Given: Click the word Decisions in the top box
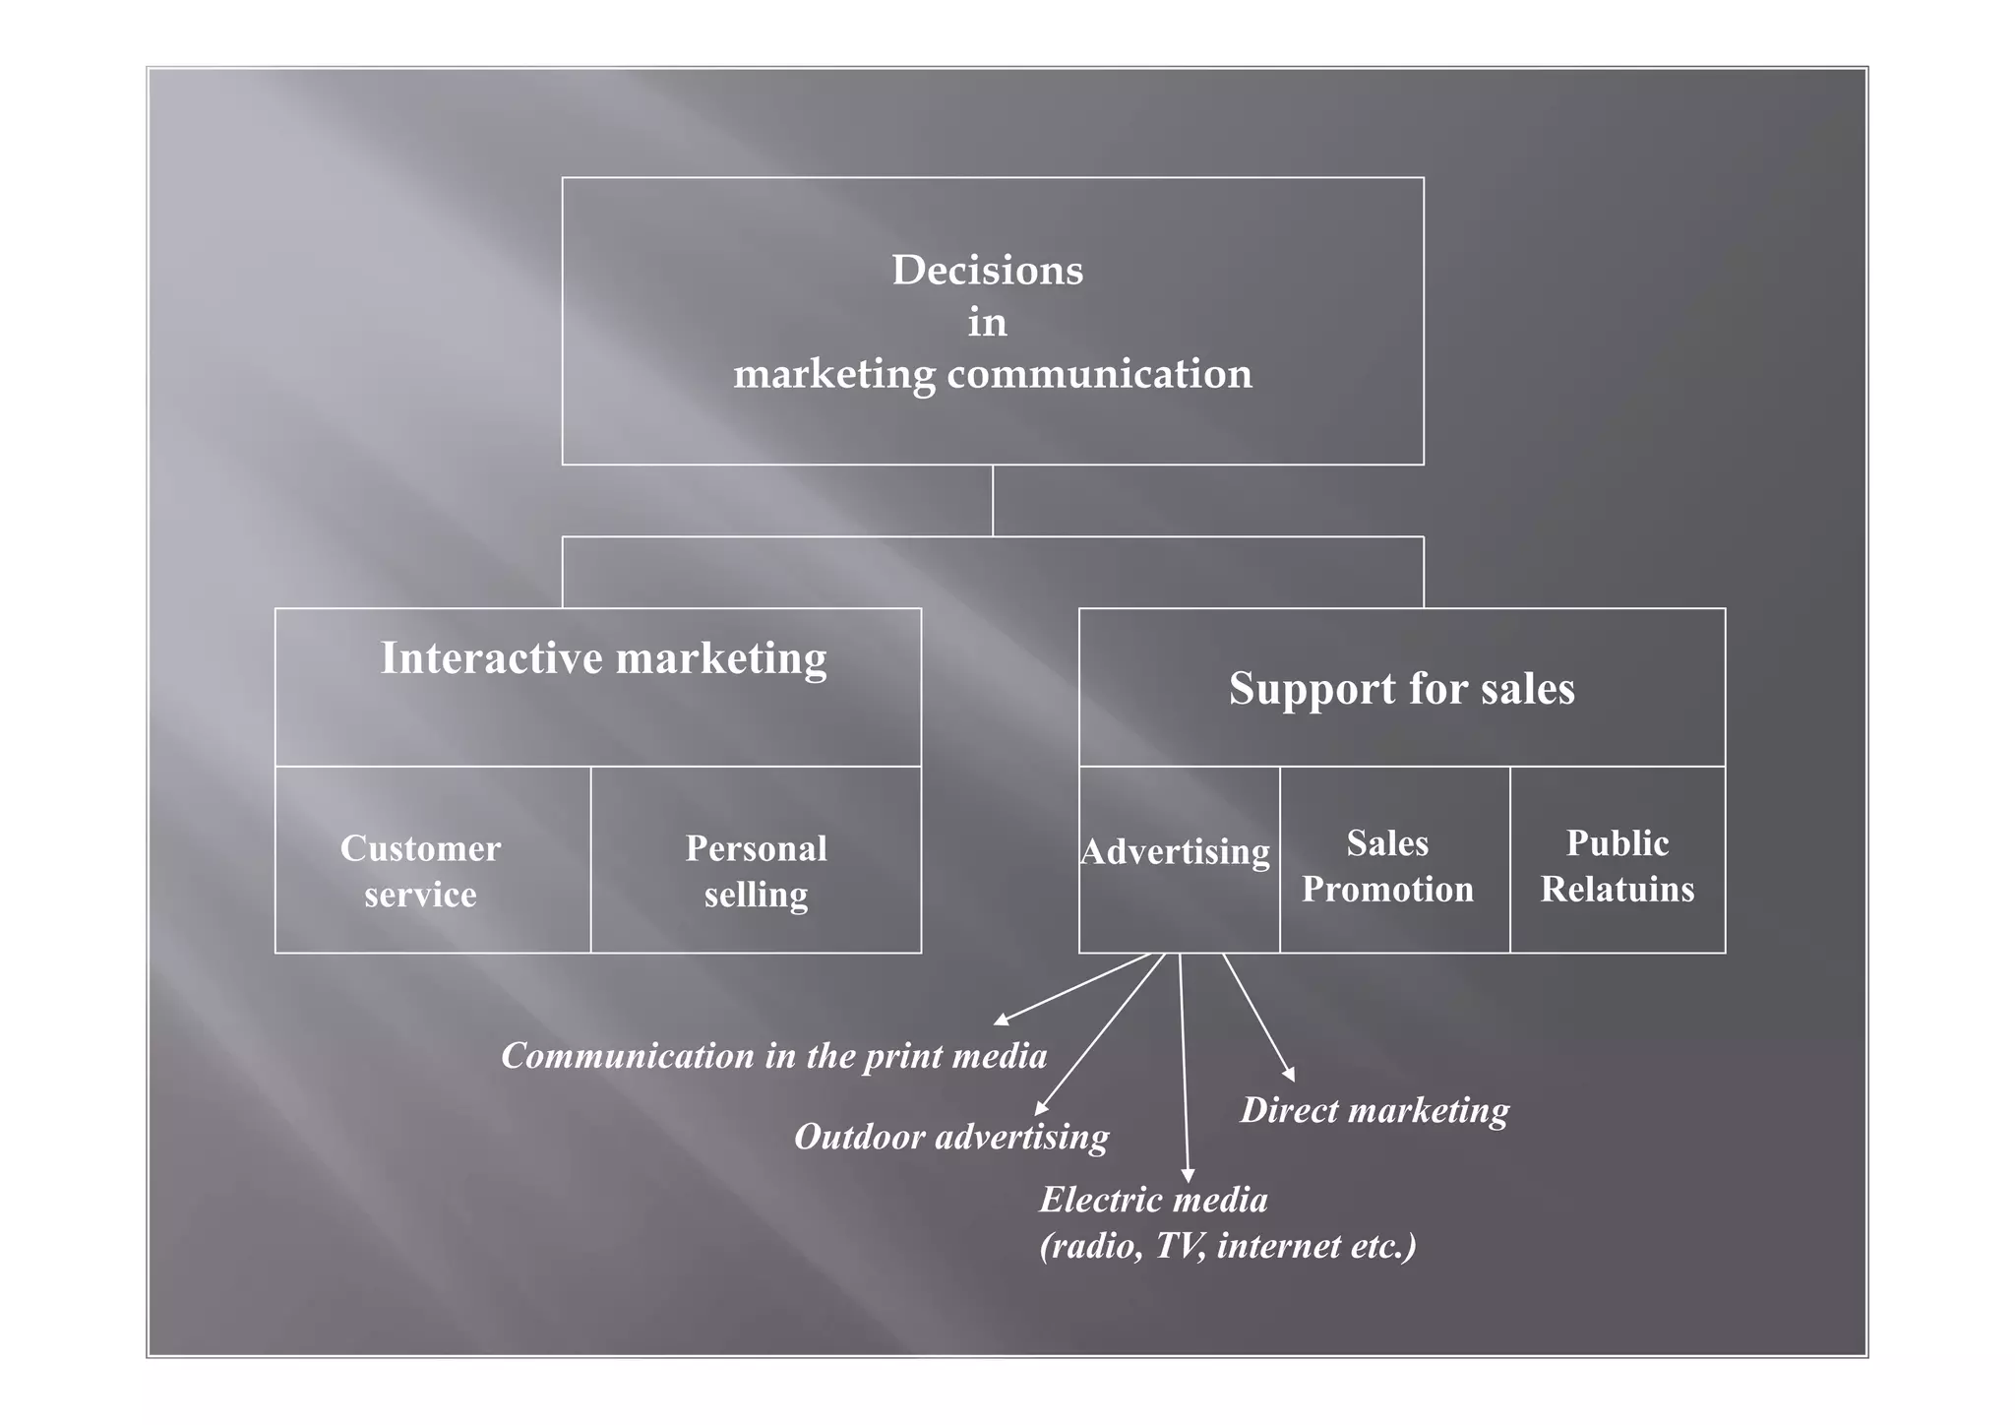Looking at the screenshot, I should (x=987, y=271).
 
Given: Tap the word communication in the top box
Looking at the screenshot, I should (x=1099, y=375).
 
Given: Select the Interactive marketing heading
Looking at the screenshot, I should (x=603, y=658).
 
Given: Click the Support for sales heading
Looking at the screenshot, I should (x=1401, y=689).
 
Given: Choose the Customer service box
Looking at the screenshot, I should (x=421, y=871).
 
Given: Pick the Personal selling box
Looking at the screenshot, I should (x=756, y=871).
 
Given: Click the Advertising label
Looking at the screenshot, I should (x=1175, y=852).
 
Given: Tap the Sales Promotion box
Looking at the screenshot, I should (x=1387, y=866).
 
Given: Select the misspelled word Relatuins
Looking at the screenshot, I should (x=1617, y=890).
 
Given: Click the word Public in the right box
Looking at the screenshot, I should (x=1617, y=843).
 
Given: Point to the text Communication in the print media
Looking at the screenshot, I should (x=773, y=1056).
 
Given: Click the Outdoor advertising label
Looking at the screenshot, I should (x=950, y=1138).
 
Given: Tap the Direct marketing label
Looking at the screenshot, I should (x=1374, y=1111).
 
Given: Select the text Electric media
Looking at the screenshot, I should (x=1153, y=1201).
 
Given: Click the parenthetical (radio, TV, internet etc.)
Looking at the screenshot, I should (x=1228, y=1247).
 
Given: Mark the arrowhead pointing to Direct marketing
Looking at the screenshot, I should (x=1290, y=1076).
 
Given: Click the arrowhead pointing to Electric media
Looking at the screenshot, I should (x=1188, y=1176).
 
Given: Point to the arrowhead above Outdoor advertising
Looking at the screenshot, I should (x=1040, y=1110).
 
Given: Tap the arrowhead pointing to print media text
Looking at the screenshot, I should (x=1000, y=1021).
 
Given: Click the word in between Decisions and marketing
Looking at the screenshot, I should (x=987, y=323).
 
